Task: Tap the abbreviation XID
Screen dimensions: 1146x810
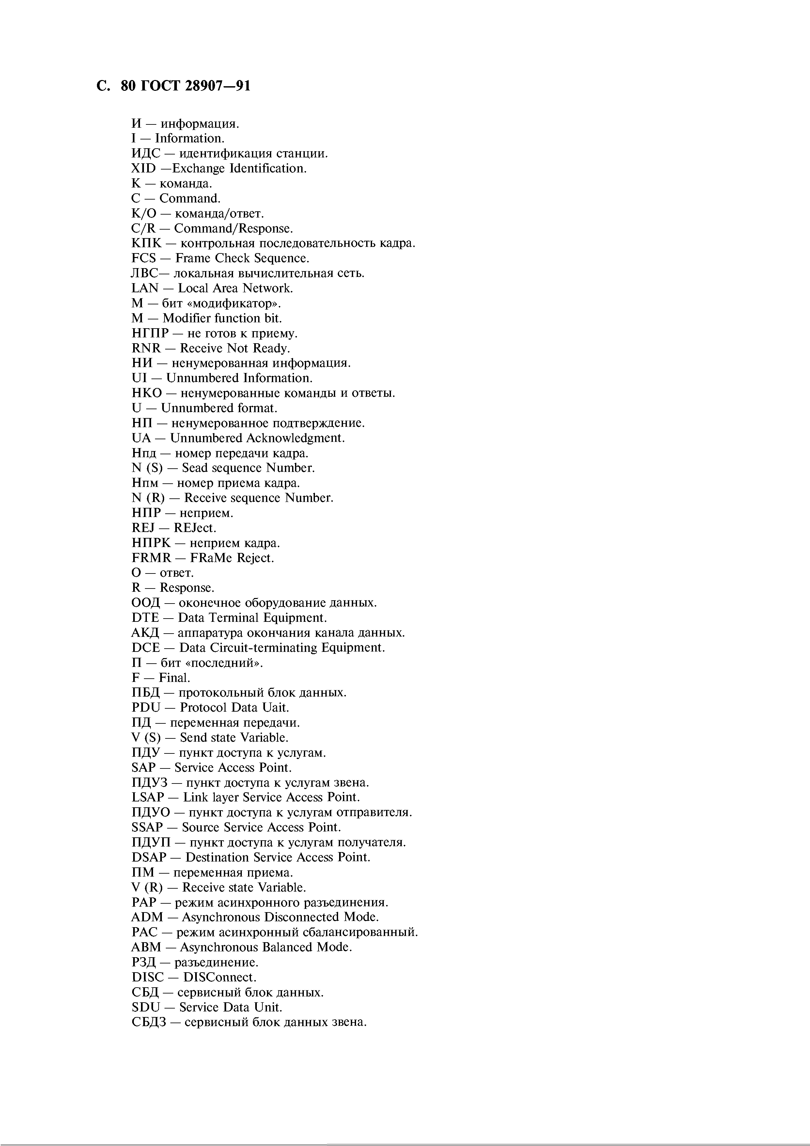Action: coord(144,169)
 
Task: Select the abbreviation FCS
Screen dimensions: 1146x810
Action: coord(144,259)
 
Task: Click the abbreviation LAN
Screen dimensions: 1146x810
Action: coord(145,288)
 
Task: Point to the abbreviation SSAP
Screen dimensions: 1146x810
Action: coord(148,828)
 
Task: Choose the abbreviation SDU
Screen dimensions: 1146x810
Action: coord(146,1007)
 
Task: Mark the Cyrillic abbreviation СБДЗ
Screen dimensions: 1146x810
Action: coord(148,1022)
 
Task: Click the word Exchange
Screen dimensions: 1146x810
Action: coord(198,169)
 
